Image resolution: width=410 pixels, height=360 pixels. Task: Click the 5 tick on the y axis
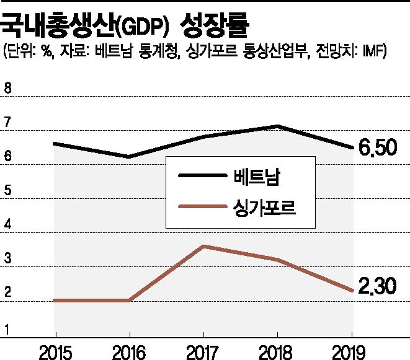point(7,191)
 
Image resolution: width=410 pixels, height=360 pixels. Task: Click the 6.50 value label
point(378,149)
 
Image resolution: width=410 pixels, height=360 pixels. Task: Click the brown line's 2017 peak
point(203,246)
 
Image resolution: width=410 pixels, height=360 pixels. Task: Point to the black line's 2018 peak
point(279,126)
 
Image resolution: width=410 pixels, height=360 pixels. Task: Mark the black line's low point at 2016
point(128,157)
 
